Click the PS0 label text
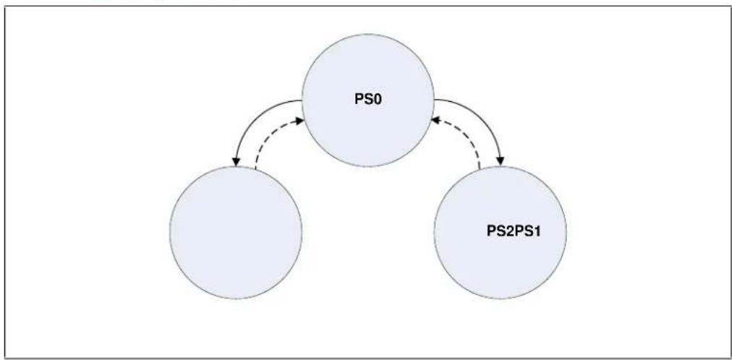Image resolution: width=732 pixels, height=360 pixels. (x=368, y=100)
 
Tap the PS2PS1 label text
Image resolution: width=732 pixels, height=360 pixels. (x=514, y=231)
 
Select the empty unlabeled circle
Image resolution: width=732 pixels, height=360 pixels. (x=236, y=232)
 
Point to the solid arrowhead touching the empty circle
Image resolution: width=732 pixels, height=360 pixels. (x=237, y=162)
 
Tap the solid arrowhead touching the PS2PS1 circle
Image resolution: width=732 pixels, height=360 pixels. (x=501, y=161)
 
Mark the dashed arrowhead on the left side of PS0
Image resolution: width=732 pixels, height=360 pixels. (x=299, y=121)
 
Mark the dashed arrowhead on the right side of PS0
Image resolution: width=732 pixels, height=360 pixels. (x=436, y=120)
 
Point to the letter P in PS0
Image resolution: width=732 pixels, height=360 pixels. (x=359, y=100)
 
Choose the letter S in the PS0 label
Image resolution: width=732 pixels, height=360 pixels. (x=369, y=100)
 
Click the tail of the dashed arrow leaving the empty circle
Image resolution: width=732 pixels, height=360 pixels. (x=255, y=167)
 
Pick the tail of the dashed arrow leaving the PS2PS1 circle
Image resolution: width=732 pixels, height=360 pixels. (x=480, y=167)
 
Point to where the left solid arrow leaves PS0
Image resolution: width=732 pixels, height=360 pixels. (x=302, y=100)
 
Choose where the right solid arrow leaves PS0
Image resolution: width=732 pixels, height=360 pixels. (x=435, y=99)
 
